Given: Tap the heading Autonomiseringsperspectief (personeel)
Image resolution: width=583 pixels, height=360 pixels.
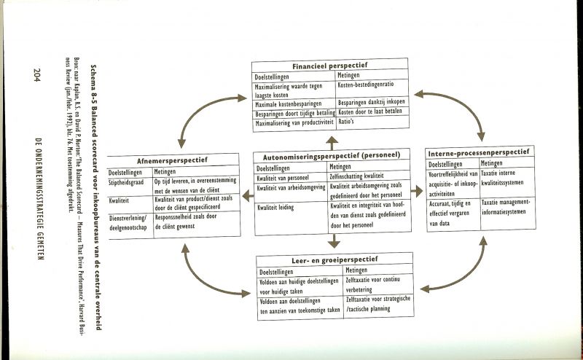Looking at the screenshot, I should coord(330,155).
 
